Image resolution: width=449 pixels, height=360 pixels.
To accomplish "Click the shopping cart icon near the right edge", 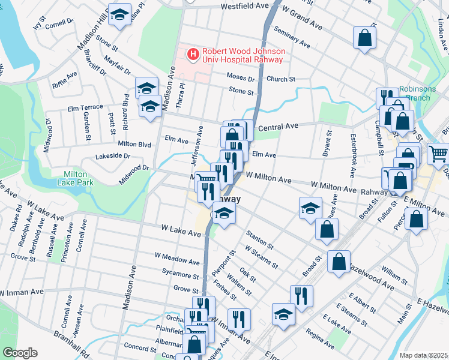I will click(x=438, y=154).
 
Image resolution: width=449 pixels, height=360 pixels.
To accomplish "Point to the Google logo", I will click(x=20, y=353).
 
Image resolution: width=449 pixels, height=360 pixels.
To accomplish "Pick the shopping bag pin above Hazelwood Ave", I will click(x=339, y=261).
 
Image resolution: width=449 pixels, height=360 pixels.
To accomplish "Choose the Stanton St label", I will click(x=259, y=239).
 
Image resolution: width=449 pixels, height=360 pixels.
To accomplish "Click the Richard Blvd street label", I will click(x=126, y=112).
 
